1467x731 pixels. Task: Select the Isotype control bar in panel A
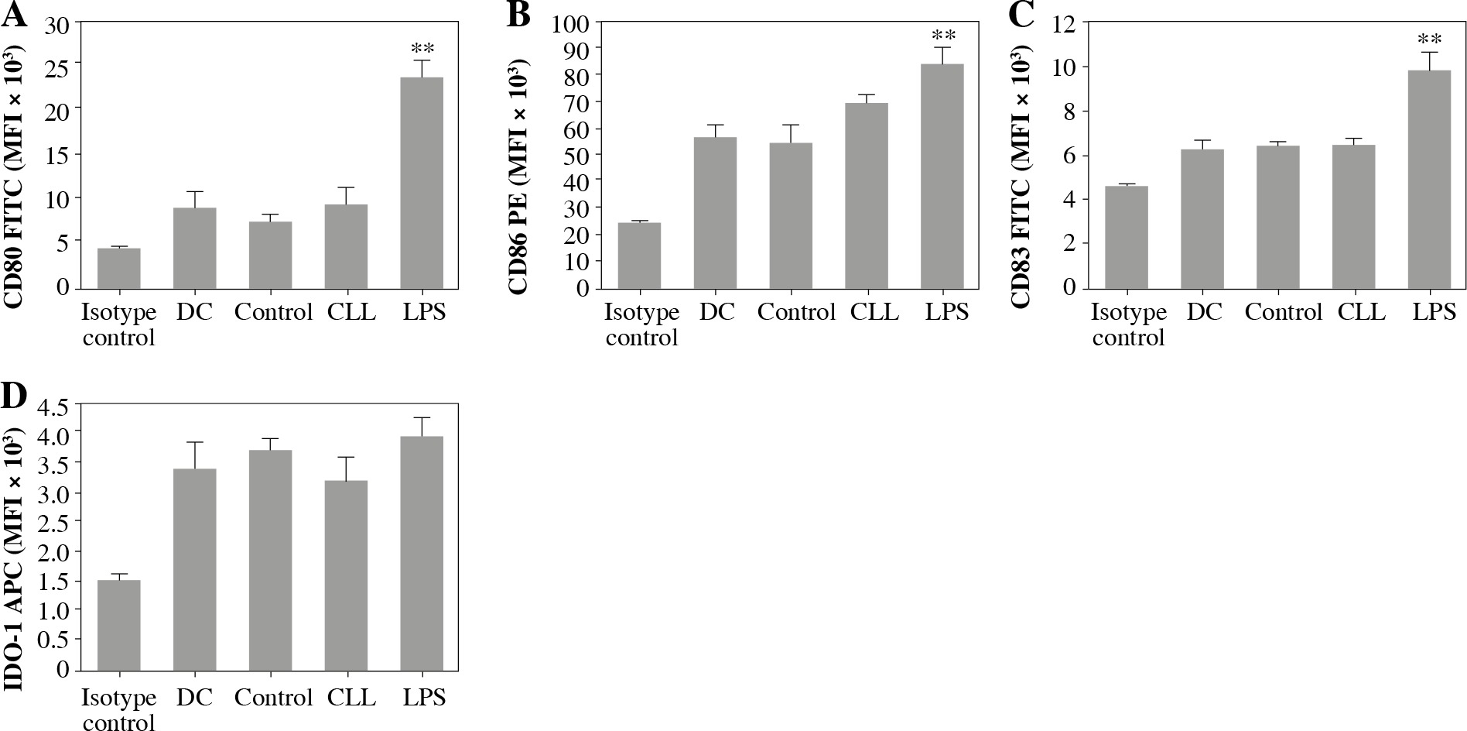coord(118,268)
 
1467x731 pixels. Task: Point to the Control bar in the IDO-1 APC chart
coord(270,559)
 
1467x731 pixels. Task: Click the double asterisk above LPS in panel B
coord(943,36)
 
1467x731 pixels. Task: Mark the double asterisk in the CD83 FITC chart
coord(1429,40)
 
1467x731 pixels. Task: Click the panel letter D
coord(15,396)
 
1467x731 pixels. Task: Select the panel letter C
coord(1021,15)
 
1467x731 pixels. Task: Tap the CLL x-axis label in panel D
coord(351,698)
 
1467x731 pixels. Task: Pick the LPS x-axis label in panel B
coord(946,312)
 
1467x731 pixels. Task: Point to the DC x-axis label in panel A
coord(194,312)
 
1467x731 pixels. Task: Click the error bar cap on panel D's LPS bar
coord(422,418)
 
